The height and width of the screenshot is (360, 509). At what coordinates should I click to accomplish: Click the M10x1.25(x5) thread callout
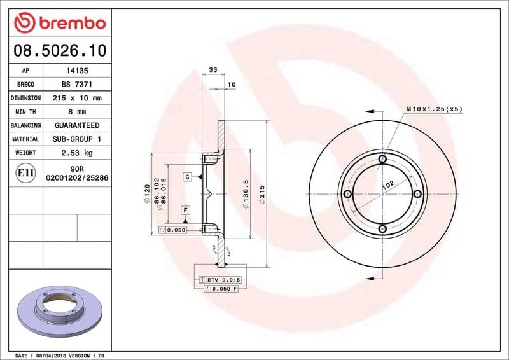click(434, 109)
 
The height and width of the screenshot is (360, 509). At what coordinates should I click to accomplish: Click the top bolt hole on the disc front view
click(382, 159)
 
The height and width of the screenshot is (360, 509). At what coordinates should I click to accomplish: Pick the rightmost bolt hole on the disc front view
click(417, 194)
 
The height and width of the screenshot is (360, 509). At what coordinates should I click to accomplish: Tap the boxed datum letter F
click(185, 209)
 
